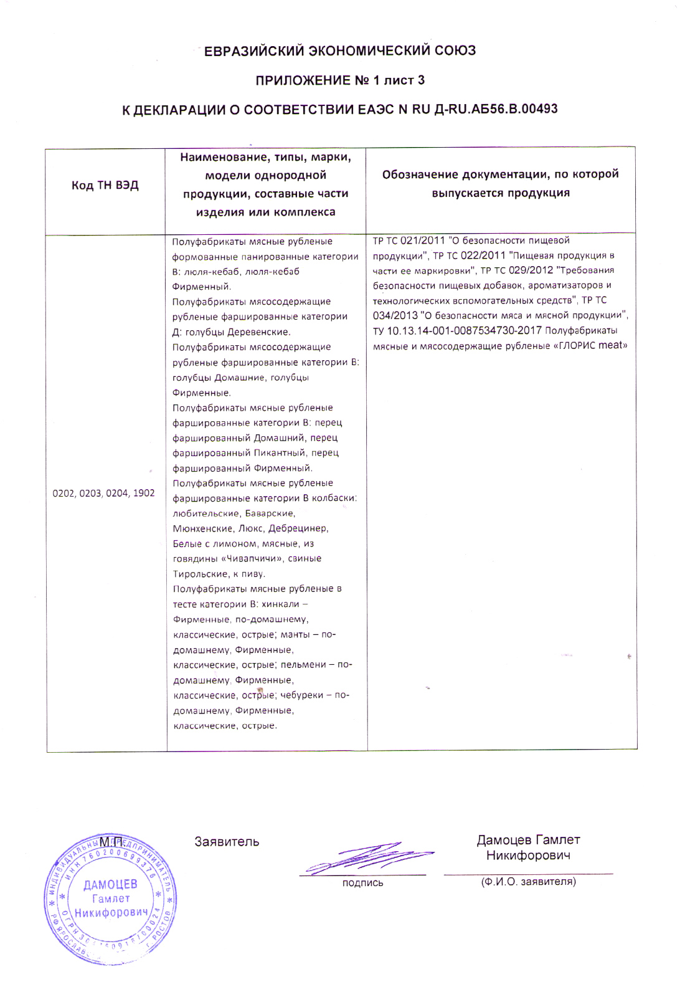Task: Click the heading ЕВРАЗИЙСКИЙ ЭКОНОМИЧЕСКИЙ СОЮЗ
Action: click(340, 51)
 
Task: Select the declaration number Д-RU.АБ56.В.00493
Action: click(496, 109)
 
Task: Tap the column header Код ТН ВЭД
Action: click(105, 185)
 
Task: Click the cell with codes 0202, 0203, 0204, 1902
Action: click(103, 493)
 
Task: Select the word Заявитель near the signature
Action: click(227, 842)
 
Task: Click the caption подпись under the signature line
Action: click(362, 883)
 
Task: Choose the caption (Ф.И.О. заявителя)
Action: click(528, 882)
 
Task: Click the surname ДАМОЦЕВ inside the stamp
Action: click(110, 884)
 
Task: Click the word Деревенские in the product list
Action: click(258, 332)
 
